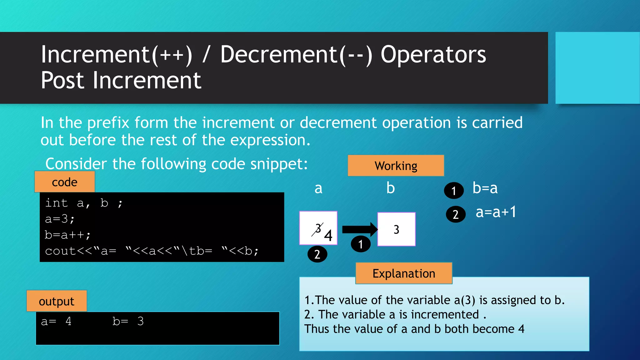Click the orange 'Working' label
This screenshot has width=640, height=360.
[x=396, y=166]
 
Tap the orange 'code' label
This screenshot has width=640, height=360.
[x=64, y=182]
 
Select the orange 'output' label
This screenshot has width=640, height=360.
[x=57, y=301]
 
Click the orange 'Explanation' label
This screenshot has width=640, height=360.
[x=404, y=273]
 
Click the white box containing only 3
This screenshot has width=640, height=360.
[x=396, y=229]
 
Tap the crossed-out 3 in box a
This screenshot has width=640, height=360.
[x=318, y=229]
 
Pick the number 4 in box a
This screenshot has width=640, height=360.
[x=328, y=235]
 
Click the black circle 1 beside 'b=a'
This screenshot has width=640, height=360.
[x=454, y=190]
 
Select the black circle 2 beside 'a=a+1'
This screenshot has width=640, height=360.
[x=456, y=214]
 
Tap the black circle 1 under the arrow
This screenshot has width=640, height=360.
[x=361, y=244]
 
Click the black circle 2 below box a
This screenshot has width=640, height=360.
[x=317, y=254]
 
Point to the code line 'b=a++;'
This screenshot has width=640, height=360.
[x=67, y=235]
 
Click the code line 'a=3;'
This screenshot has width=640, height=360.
[x=60, y=219]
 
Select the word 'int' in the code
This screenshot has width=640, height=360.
[x=56, y=203]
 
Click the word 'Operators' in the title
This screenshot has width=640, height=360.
[x=433, y=55]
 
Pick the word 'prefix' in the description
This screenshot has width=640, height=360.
[x=108, y=122]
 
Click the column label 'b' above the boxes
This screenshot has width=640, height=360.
[x=390, y=188]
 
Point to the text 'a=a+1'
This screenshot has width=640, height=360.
[x=496, y=212]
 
